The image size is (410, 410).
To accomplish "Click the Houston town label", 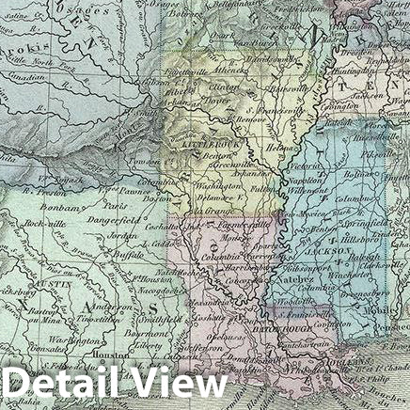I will (111, 355).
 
